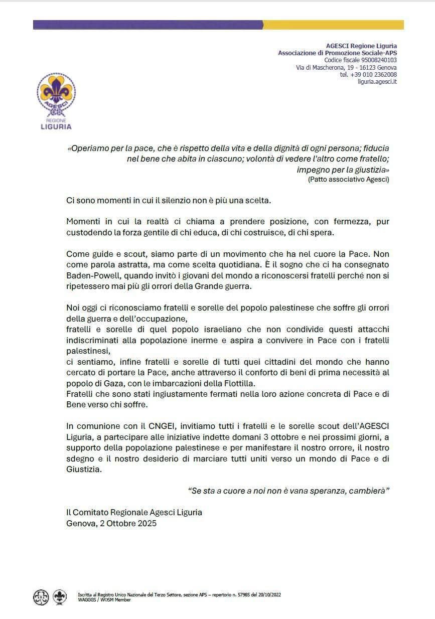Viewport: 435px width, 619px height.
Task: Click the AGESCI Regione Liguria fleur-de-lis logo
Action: click(x=56, y=95)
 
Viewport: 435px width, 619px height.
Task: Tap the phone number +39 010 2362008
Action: click(x=368, y=74)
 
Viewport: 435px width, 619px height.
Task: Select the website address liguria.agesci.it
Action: click(x=377, y=82)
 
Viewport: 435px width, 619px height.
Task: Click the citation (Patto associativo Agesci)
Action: click(x=348, y=179)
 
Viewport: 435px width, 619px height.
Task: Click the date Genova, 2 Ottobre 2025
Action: click(x=111, y=523)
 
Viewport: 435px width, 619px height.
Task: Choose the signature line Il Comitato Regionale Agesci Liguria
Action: click(x=134, y=512)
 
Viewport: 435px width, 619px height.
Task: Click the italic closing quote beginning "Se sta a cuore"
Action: click(x=288, y=491)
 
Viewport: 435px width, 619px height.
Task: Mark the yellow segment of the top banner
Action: click(x=333, y=25)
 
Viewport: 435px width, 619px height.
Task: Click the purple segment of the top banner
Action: click(x=148, y=25)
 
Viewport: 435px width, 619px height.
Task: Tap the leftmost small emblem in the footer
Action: click(x=41, y=597)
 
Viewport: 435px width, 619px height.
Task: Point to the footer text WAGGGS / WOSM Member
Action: click(x=104, y=599)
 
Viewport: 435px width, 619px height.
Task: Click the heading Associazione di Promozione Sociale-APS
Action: click(x=337, y=53)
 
